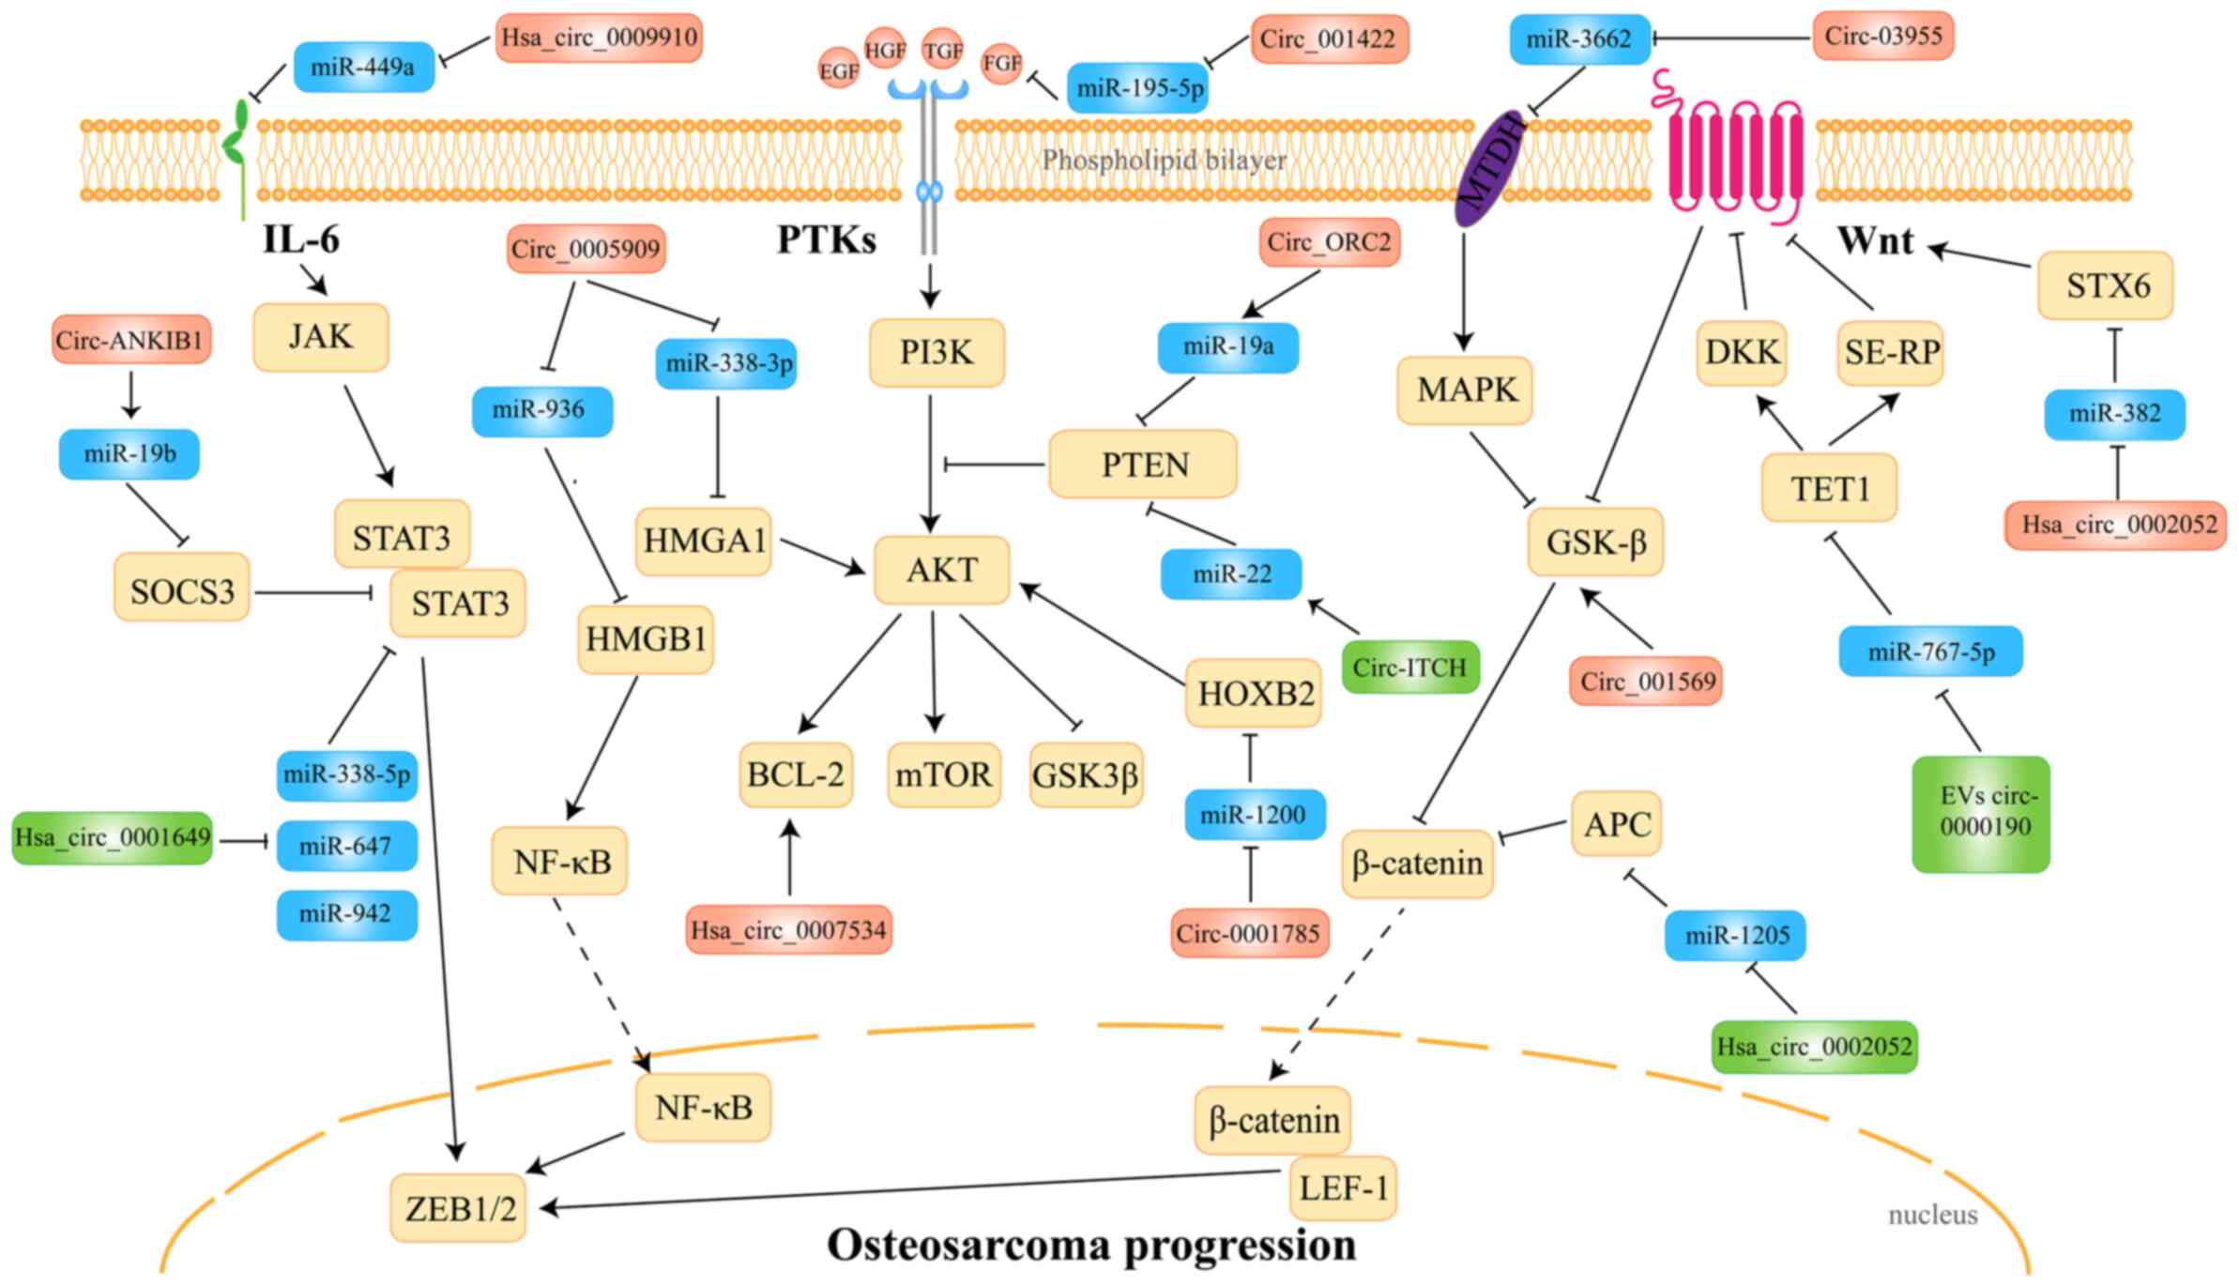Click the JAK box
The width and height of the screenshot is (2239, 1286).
(x=321, y=337)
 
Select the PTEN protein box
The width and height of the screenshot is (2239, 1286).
(x=1143, y=465)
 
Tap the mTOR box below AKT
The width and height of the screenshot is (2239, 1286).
(x=943, y=775)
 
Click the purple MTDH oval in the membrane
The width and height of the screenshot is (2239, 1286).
(x=1488, y=170)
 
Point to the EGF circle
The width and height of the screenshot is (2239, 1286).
(x=838, y=71)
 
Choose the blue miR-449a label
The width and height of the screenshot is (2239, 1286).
(x=363, y=67)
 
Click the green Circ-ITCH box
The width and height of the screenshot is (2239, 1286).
(x=1409, y=667)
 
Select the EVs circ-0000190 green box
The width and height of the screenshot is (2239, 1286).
(x=1981, y=813)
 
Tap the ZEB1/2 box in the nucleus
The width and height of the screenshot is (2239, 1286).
(x=459, y=1209)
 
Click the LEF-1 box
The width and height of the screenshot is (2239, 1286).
(x=1343, y=1188)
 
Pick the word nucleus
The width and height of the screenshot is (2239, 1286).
(x=1932, y=1215)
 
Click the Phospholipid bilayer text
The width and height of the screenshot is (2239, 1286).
(x=1164, y=161)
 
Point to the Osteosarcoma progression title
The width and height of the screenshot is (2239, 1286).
(x=1090, y=1246)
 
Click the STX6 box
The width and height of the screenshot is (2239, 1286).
(x=2106, y=285)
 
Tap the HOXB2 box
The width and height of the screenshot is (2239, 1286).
(x=1254, y=694)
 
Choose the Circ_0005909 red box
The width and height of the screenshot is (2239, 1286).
(x=586, y=249)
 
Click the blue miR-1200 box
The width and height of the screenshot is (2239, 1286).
(x=1255, y=814)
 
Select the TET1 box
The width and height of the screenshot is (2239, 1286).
(x=1829, y=488)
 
